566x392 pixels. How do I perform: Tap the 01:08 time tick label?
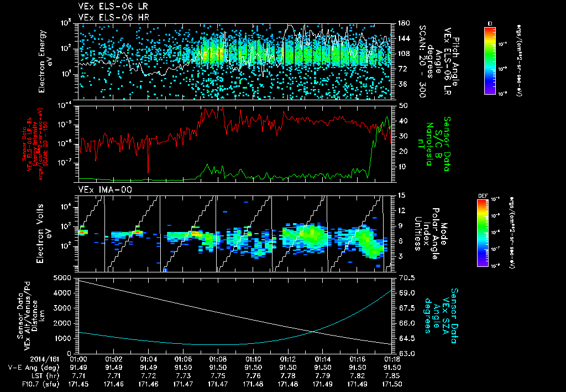click(x=217, y=359)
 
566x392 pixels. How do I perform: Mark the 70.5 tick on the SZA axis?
click(x=403, y=277)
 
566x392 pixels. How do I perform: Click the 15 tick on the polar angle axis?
click(x=401, y=195)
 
